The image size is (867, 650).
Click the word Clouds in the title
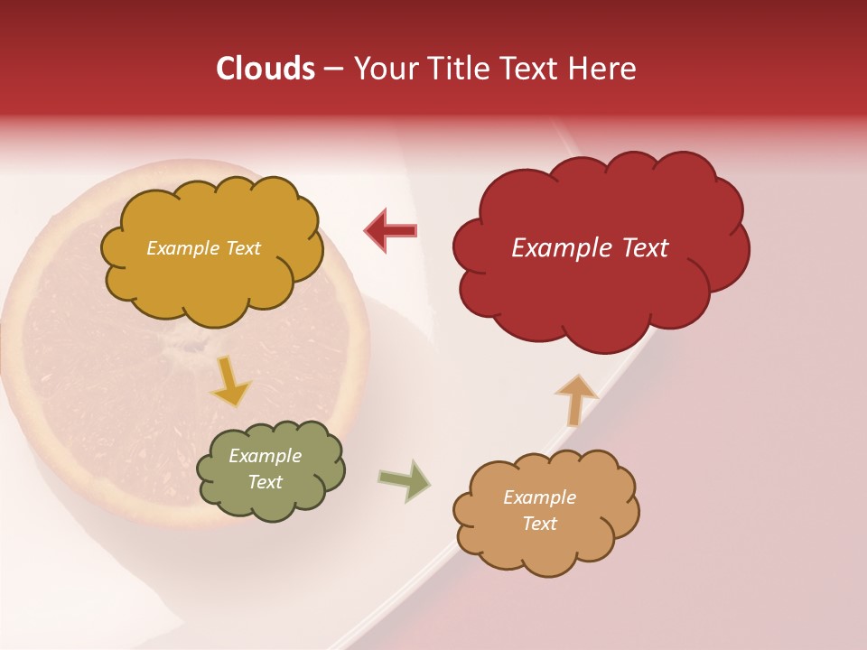tap(266, 69)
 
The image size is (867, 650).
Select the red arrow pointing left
tap(390, 231)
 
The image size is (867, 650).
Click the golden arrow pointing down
tap(231, 381)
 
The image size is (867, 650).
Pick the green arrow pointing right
tap(405, 480)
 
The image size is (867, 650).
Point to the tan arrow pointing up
tap(576, 399)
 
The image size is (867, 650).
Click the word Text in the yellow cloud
tap(241, 248)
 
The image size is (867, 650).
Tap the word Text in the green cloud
tap(266, 483)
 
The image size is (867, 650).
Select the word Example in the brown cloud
tap(539, 497)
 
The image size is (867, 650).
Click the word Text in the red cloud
tap(645, 248)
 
